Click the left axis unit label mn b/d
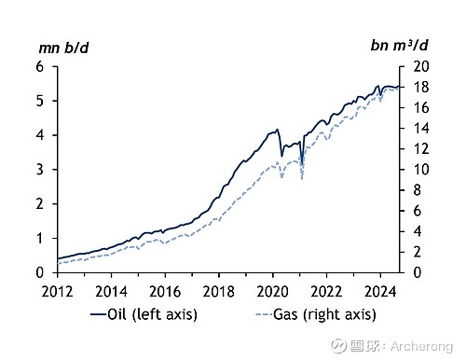click(63, 48)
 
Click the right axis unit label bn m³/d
click(399, 46)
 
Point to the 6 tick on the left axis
click(40, 66)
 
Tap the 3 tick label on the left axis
click(40, 170)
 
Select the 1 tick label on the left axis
click(40, 239)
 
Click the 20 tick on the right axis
click(421, 66)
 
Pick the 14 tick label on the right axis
click(421, 128)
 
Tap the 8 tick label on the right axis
click(418, 190)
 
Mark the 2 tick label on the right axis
click(418, 252)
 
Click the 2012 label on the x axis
click(57, 292)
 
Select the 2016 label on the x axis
click(165, 292)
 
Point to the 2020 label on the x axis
click(272, 292)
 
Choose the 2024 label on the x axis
click(380, 292)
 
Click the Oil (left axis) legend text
click(152, 314)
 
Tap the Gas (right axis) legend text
click(324, 314)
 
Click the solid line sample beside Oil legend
click(98, 314)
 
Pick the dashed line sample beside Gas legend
click(264, 314)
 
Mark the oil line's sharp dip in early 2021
click(302, 165)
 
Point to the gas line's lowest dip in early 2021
click(302, 179)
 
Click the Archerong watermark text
click(421, 346)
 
